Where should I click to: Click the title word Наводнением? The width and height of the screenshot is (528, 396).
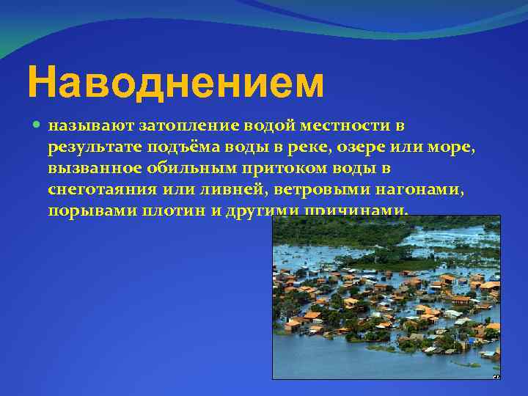click(175, 83)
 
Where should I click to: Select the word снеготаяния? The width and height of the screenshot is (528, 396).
click(103, 190)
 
